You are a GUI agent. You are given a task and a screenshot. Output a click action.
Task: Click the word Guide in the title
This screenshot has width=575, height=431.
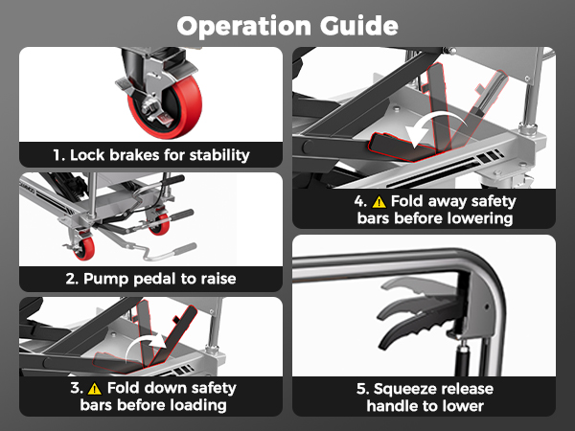358,26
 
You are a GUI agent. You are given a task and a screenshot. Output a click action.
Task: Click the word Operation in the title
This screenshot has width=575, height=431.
243,27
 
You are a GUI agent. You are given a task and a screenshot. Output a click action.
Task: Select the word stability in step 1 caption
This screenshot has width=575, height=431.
219,155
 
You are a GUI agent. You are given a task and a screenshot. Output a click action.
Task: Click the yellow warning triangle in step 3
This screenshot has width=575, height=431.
95,389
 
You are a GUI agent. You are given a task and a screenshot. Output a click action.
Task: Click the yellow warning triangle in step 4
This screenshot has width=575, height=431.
379,202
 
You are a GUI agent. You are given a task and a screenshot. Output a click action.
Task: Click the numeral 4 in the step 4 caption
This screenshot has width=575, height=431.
358,201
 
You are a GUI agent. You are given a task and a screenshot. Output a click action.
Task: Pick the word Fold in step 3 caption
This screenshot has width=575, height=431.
122,388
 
